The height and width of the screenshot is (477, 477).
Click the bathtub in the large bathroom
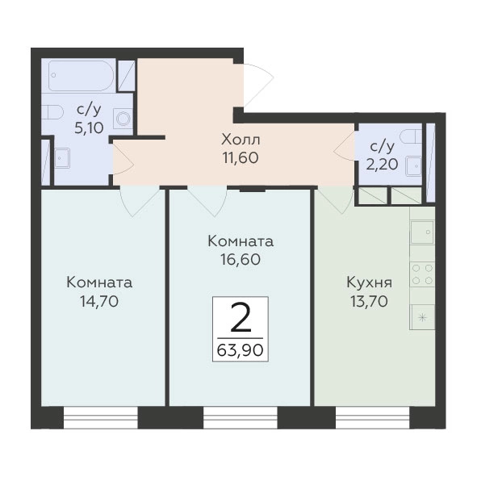pos(82,76)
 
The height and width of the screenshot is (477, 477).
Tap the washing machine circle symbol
pos(123,119)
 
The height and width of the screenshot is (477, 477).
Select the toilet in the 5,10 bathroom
pos(52,112)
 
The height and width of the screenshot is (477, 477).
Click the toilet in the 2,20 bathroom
pos(411,136)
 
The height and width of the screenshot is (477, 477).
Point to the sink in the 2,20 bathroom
pos(414,166)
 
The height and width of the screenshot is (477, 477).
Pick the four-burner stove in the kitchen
pos(422,274)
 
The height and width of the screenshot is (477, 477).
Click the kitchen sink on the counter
pos(422,232)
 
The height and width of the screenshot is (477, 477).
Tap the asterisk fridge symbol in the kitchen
pos(422,318)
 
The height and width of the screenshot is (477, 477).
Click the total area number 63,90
pos(240,351)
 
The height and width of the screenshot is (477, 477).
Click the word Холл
pos(241,140)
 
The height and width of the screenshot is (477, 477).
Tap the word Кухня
pos(370,283)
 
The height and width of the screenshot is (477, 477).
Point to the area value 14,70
pos(99,302)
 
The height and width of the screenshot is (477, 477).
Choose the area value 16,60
pos(241,260)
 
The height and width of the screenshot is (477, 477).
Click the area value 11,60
pos(241,158)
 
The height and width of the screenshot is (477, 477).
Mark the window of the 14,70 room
pos(101,417)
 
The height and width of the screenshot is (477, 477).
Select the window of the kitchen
pos(373,417)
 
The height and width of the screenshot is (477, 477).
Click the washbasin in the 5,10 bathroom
pos(62,158)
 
